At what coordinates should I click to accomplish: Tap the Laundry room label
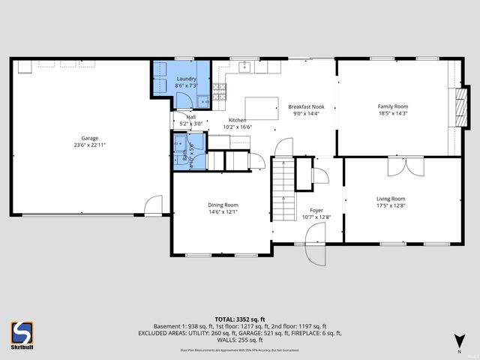click(186, 79)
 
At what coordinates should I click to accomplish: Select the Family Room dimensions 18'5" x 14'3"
click(392, 114)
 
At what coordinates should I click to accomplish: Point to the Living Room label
click(390, 199)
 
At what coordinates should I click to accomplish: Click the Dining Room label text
click(223, 205)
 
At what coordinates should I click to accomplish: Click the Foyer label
click(316, 211)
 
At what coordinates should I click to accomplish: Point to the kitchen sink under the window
click(245, 67)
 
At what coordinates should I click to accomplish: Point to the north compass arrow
click(458, 341)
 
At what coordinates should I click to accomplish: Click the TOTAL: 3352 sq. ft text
click(240, 319)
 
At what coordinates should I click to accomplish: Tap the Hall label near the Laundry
click(190, 117)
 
